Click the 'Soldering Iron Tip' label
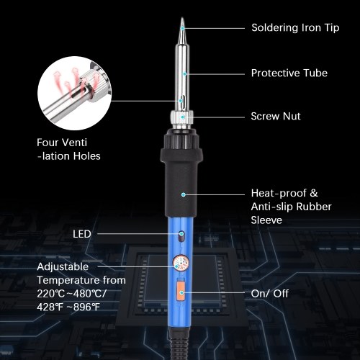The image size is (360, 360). click(295, 27)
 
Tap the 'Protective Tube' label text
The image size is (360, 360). click(289, 73)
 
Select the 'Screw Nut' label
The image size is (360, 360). click(276, 117)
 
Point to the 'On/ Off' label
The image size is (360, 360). click(270, 294)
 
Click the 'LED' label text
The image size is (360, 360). click(82, 234)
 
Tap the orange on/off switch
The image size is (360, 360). click(181, 292)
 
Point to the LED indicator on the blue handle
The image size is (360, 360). click(181, 236)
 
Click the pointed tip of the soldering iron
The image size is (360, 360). click(182, 18)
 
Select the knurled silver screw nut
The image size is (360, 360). click(182, 117)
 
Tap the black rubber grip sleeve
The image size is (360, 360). click(181, 173)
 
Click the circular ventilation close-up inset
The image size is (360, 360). click(75, 94)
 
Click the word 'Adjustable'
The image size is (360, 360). click(63, 267)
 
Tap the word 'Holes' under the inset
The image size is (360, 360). click(87, 156)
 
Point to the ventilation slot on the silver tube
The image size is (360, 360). click(181, 101)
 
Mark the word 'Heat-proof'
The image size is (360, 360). click(279, 194)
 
